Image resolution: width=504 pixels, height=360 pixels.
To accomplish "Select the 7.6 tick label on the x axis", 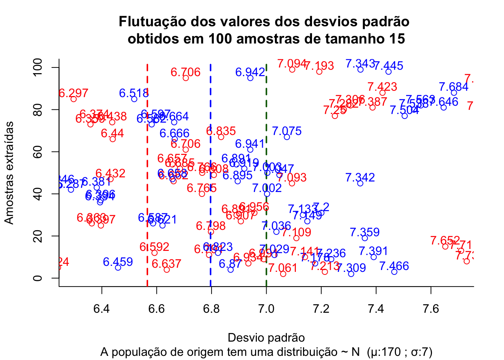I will point(431,309).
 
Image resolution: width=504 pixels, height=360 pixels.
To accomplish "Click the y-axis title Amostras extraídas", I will point(9,172).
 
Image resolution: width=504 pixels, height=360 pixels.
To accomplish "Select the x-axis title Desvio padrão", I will point(266,337).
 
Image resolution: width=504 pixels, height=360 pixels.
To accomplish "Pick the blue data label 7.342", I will point(360,177).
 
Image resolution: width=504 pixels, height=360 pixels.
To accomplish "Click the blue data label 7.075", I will point(286,131).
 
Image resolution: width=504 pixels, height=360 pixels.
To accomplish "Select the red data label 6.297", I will point(73,93).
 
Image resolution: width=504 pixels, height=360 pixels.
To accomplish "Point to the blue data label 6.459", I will point(118,262).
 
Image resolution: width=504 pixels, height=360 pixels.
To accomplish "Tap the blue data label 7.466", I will point(394,266).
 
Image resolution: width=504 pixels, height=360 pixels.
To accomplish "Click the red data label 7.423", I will point(382,87).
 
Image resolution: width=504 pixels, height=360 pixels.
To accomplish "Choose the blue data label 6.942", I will point(250,72).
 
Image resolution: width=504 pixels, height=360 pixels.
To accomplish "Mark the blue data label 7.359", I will point(364,232).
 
